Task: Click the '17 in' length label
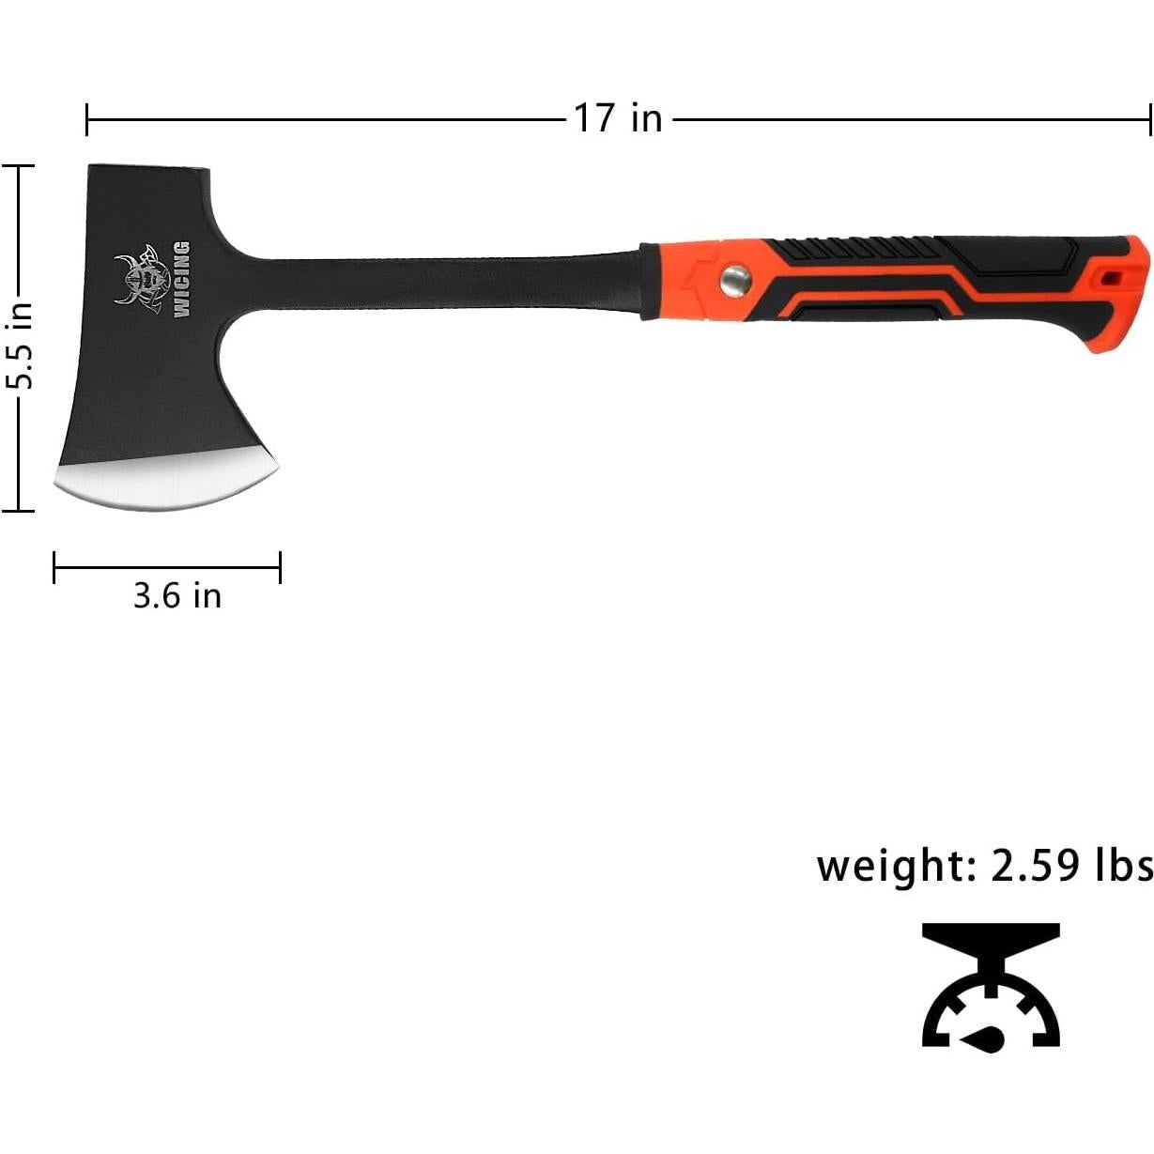click(618, 119)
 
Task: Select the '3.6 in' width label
click(177, 595)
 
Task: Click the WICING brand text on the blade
click(180, 280)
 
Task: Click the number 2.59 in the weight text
click(1036, 865)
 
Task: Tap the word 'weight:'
click(896, 865)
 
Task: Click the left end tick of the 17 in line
click(87, 120)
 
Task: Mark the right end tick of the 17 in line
click(1149, 120)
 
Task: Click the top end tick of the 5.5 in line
click(18, 165)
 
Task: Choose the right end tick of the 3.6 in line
click(280, 567)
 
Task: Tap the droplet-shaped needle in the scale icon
click(986, 1038)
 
